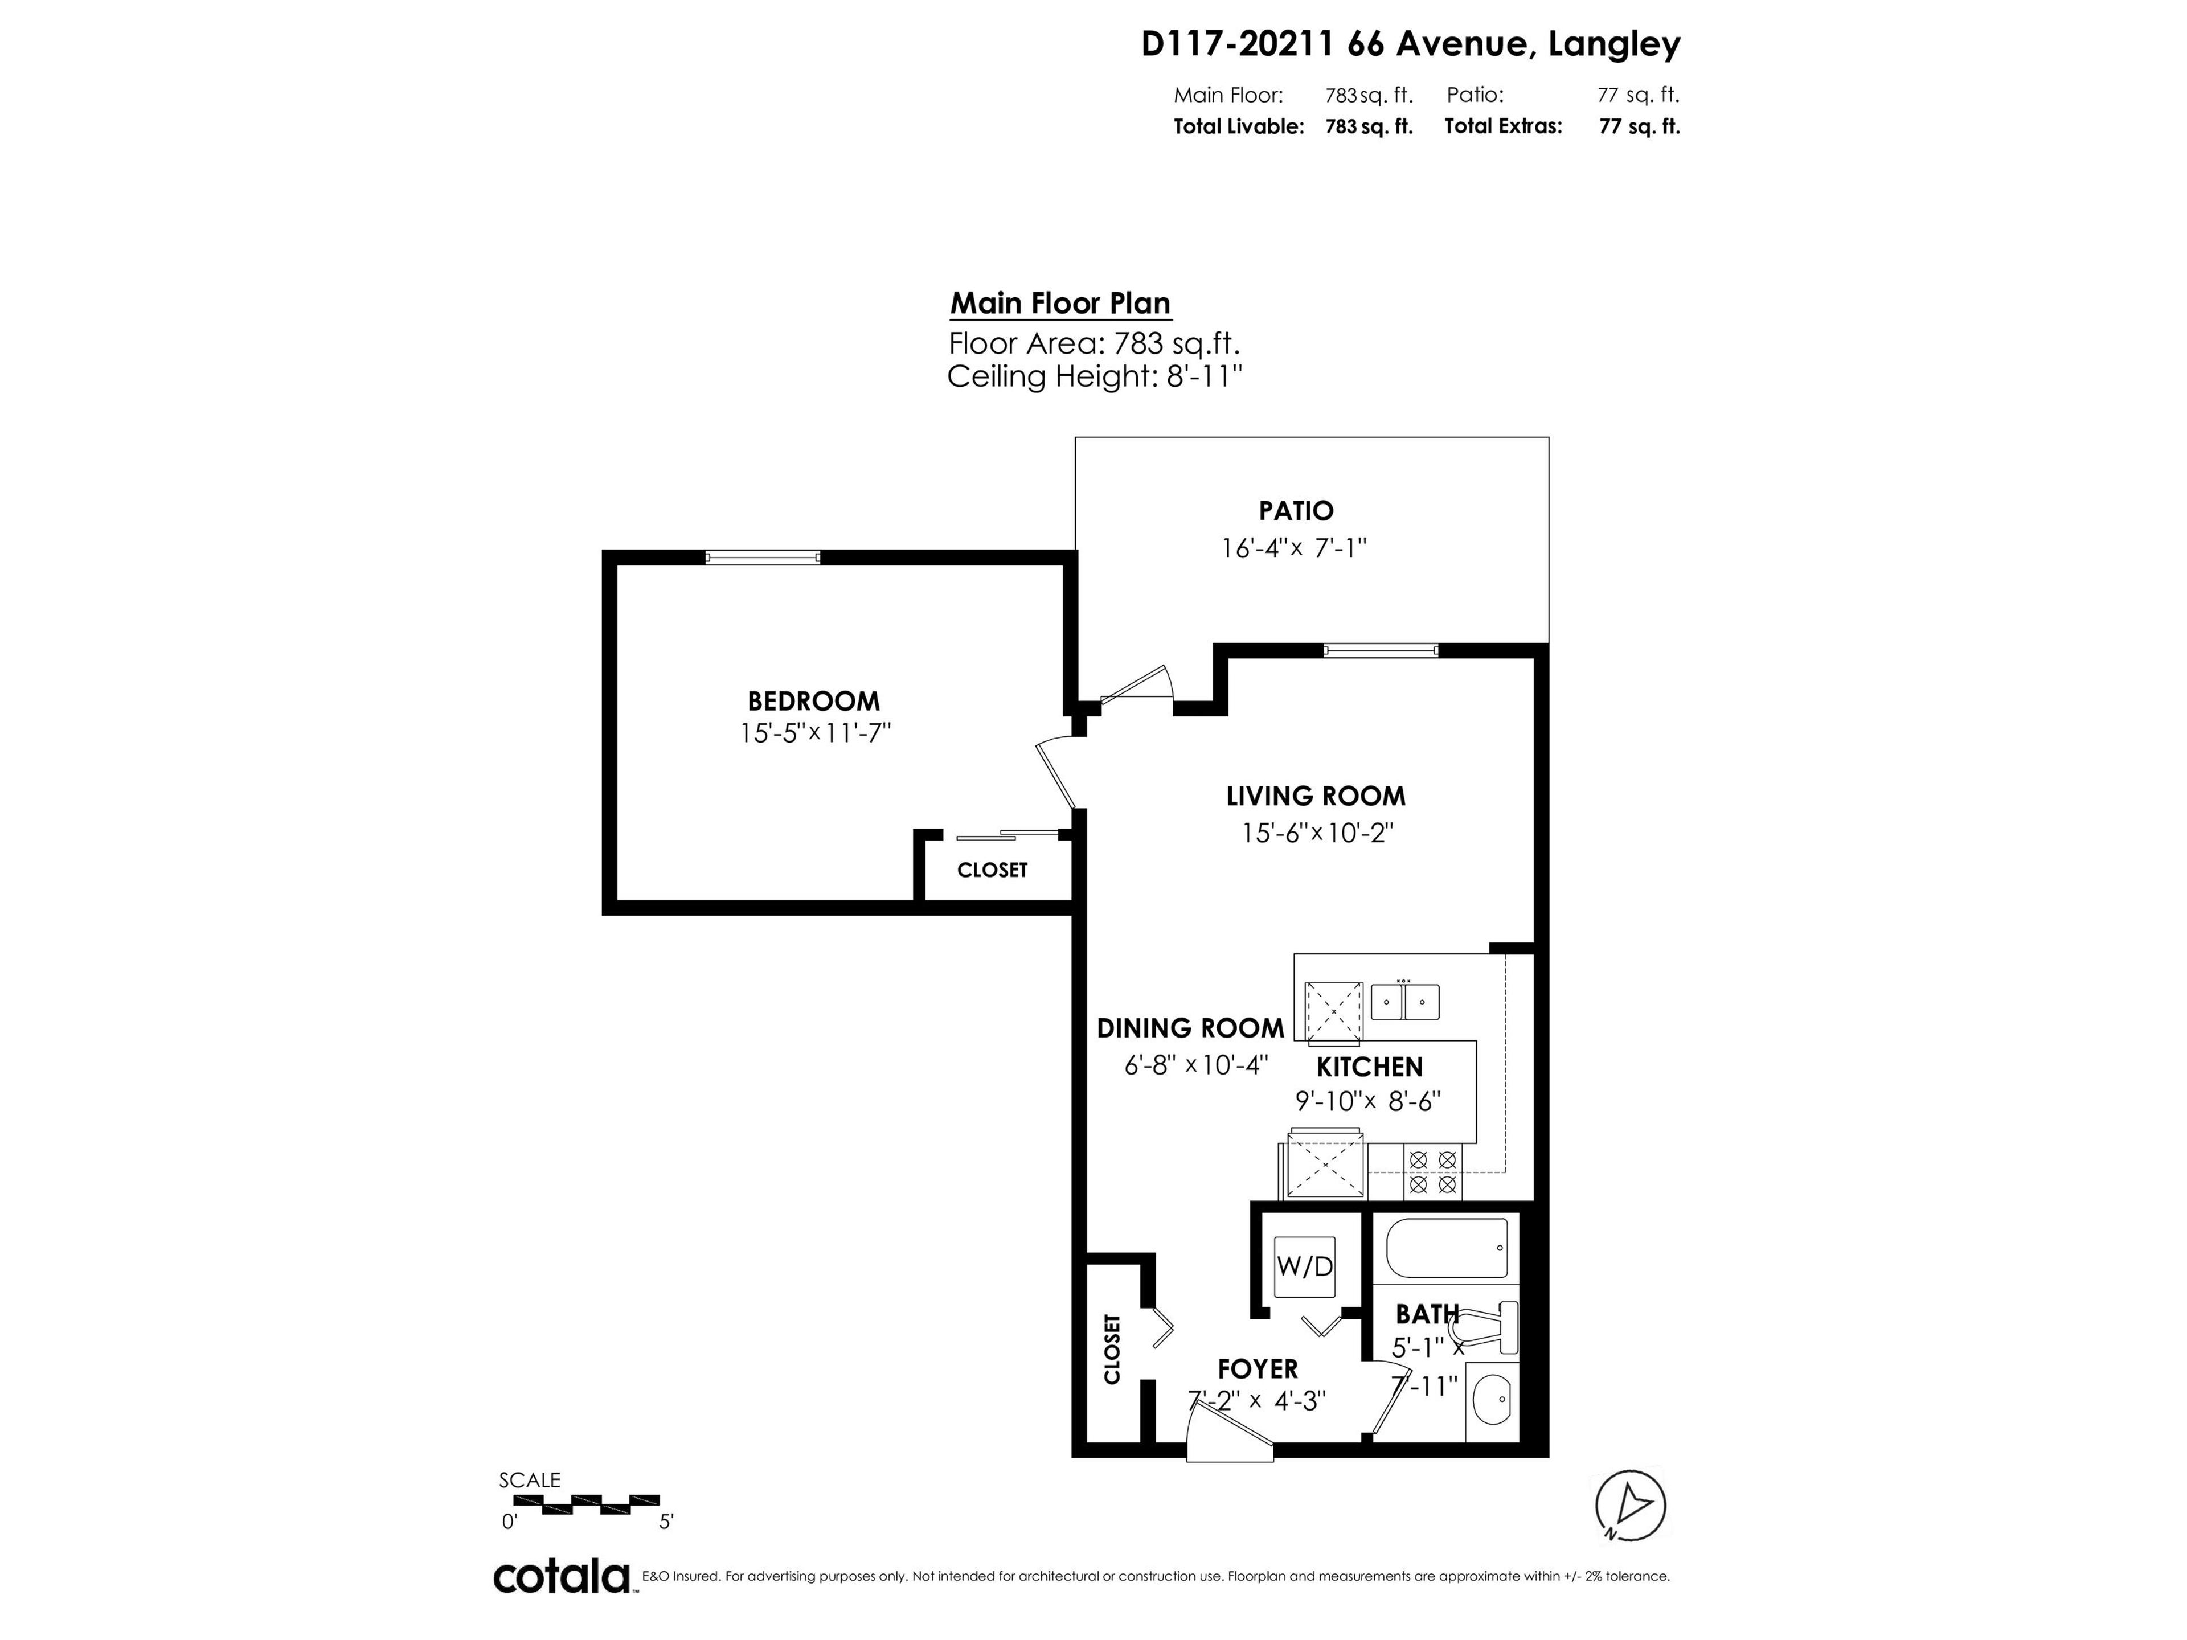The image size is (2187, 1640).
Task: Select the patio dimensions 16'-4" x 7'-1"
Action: tap(1294, 548)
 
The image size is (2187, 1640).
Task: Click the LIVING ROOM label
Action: tap(1315, 796)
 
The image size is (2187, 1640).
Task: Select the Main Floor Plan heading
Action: tap(1060, 304)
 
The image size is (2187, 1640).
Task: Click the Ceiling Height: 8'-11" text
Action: tap(1093, 376)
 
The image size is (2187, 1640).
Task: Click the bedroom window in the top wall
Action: tap(762, 557)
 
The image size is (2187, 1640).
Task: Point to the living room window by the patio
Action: tap(1380, 650)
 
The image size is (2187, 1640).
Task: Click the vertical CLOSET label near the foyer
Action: tap(1111, 1348)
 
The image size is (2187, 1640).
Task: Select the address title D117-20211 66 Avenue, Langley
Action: tap(1410, 44)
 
